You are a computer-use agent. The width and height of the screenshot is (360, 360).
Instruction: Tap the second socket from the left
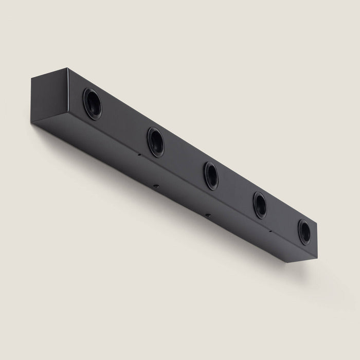[155, 141]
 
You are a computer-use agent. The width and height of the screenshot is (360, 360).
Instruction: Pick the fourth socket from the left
[259, 205]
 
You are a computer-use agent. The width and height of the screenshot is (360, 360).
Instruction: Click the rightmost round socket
[304, 232]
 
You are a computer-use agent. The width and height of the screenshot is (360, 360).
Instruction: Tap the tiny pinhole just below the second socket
[139, 154]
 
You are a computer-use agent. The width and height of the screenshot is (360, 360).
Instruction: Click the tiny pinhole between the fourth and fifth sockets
[269, 232]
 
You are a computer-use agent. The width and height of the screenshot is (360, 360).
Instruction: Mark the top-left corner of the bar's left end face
[32, 78]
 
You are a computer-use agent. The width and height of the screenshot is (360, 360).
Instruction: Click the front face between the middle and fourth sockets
[236, 191]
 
